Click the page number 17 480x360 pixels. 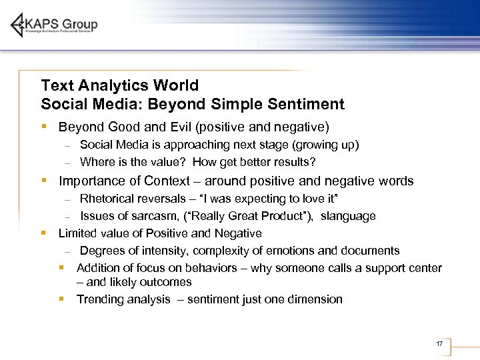click(439, 344)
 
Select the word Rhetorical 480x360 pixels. click(106, 199)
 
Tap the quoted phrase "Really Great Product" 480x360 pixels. click(255, 216)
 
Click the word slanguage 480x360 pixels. click(348, 216)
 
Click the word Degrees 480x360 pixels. click(100, 251)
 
